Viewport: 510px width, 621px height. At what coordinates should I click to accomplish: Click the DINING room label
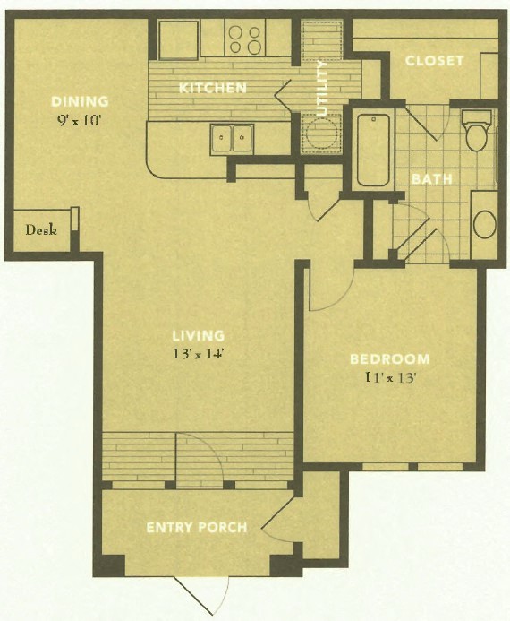click(x=80, y=100)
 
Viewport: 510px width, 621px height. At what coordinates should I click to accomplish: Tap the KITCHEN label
click(x=213, y=88)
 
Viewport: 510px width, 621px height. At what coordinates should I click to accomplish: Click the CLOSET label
click(x=434, y=60)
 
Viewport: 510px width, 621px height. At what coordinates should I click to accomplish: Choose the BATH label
click(x=431, y=178)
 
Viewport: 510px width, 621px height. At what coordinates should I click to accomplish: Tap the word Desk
click(x=41, y=229)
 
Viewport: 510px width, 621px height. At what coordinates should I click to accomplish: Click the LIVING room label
click(x=198, y=336)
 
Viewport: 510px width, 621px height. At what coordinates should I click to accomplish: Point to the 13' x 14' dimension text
click(x=198, y=353)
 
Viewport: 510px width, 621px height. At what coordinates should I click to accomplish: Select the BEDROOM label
click(x=389, y=359)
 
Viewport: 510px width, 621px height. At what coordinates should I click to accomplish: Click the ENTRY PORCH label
click(x=196, y=527)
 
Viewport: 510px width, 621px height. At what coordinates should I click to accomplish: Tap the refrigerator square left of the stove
click(x=179, y=39)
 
